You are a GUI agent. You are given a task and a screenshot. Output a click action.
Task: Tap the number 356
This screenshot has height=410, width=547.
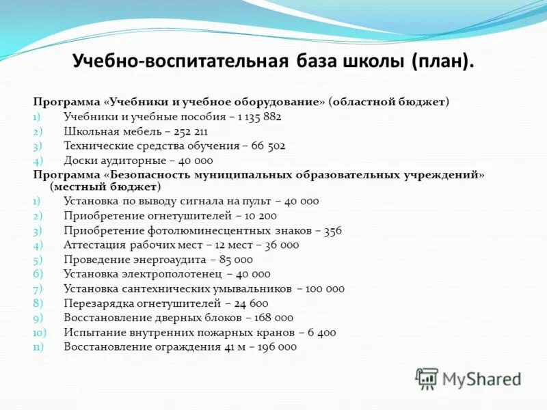(x=333, y=230)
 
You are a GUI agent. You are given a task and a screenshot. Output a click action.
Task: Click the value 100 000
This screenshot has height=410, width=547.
(x=325, y=288)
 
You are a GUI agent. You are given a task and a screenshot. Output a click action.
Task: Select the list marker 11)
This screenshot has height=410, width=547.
(x=39, y=347)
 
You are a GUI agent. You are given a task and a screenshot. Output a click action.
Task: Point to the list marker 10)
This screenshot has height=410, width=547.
(x=39, y=333)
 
